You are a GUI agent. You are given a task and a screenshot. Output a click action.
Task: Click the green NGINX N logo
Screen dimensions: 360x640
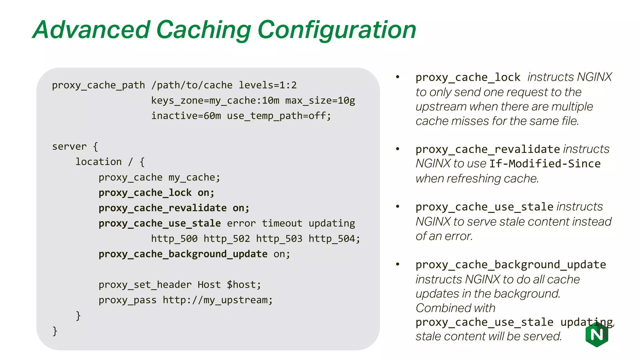(x=597, y=335)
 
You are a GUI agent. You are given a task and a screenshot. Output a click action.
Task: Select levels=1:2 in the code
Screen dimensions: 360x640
(x=267, y=85)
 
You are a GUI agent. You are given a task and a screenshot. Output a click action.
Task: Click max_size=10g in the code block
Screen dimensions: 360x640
(x=320, y=101)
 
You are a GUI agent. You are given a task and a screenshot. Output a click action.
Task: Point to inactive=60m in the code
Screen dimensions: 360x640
(x=186, y=116)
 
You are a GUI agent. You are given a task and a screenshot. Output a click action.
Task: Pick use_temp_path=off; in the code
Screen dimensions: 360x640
(x=279, y=116)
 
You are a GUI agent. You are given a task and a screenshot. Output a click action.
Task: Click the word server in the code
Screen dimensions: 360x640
(x=69, y=147)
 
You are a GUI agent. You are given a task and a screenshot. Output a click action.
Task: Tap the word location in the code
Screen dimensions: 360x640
(x=98, y=162)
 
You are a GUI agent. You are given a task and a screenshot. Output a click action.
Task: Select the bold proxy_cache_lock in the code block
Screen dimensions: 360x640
(x=145, y=192)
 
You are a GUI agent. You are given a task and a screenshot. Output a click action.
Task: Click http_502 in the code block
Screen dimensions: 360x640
(x=227, y=239)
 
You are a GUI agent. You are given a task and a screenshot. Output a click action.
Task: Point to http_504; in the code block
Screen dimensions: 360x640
(x=334, y=239)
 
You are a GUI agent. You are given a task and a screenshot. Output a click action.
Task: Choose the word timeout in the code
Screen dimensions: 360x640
(x=282, y=223)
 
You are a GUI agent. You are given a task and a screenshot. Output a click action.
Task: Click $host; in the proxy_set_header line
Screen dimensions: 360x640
(x=244, y=285)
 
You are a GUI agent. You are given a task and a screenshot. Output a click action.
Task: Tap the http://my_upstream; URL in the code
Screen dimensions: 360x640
(x=217, y=300)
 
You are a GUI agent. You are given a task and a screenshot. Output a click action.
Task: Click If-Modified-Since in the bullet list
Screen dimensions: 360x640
(x=545, y=164)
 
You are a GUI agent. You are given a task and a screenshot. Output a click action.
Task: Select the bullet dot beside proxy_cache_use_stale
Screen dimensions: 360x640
(x=397, y=207)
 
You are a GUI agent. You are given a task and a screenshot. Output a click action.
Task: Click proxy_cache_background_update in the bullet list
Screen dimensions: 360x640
(x=511, y=265)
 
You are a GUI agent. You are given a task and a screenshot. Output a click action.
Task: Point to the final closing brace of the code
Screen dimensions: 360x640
(x=55, y=331)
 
